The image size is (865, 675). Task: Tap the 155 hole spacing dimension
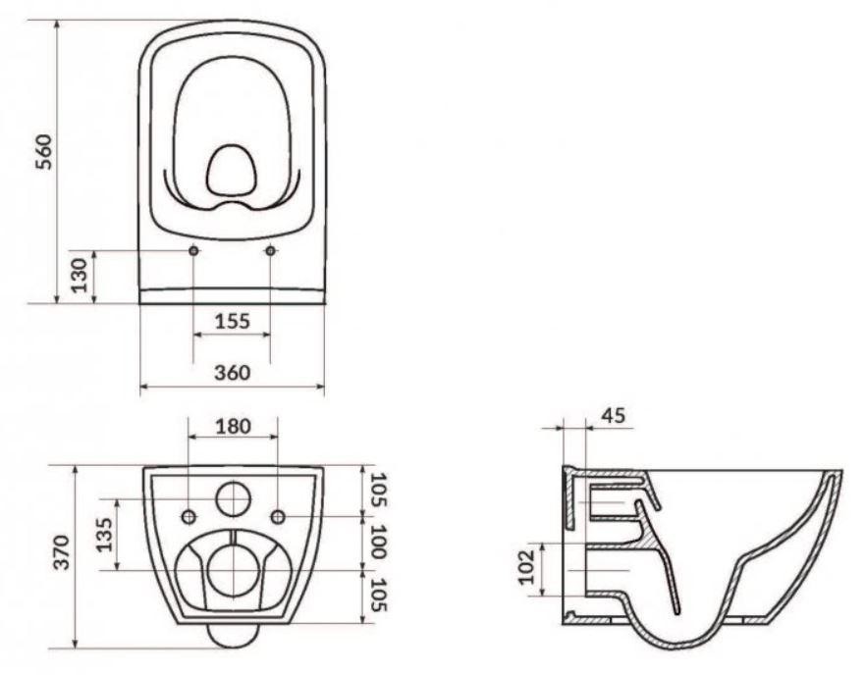232,321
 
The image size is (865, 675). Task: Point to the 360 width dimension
233,373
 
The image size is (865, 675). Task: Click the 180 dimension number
233,426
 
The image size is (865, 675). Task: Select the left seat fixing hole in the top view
193,251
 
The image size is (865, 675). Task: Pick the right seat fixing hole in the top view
271,251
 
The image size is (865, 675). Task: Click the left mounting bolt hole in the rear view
189,517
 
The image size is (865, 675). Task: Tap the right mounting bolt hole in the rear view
278,517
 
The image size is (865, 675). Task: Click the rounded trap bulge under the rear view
233,636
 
